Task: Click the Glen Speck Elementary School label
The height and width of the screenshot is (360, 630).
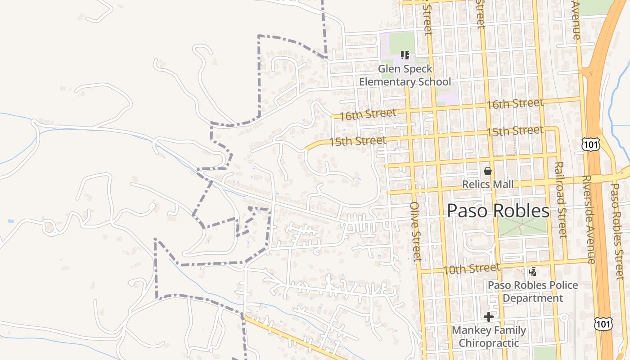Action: pyautogui.click(x=405, y=76)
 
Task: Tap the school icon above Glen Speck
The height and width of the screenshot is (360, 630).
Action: pyautogui.click(x=405, y=56)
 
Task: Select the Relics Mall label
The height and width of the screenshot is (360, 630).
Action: pyautogui.click(x=488, y=184)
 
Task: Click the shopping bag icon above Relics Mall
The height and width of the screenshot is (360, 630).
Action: pyautogui.click(x=488, y=171)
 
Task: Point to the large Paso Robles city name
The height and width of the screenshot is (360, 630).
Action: pyautogui.click(x=498, y=211)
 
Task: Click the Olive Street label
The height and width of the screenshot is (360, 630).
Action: pyautogui.click(x=416, y=231)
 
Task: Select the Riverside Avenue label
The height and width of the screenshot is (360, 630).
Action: pyautogui.click(x=588, y=220)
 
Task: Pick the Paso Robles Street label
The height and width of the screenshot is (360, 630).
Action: pyautogui.click(x=617, y=231)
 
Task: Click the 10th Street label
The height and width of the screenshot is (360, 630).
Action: pyautogui.click(x=471, y=269)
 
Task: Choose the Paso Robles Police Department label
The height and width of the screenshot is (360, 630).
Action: pyautogui.click(x=533, y=292)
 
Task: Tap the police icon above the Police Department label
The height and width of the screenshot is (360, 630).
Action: pyautogui.click(x=533, y=271)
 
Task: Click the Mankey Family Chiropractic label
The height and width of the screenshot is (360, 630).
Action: pyautogui.click(x=489, y=337)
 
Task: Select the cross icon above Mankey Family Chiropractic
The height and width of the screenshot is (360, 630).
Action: pyautogui.click(x=489, y=317)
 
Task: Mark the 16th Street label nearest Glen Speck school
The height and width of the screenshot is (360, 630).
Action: pyautogui.click(x=368, y=114)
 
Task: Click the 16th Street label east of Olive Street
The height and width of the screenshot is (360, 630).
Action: pyautogui.click(x=515, y=103)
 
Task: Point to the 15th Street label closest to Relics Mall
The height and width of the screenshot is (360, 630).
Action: pyautogui.click(x=515, y=131)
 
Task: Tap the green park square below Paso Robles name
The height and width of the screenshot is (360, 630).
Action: pyautogui.click(x=522, y=227)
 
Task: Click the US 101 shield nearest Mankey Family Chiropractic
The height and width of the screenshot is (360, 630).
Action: pyautogui.click(x=603, y=324)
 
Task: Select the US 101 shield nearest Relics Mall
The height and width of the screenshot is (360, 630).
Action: pyautogui.click(x=590, y=144)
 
